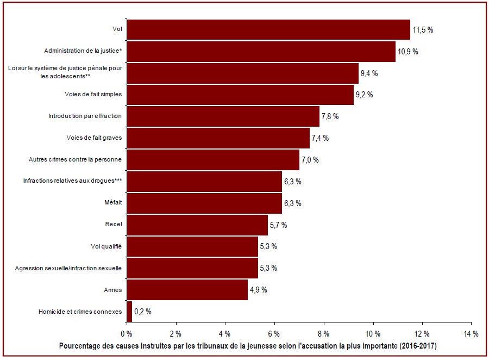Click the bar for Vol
268,30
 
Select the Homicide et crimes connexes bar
129,311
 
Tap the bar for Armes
187,290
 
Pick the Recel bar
197,225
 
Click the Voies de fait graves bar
218,138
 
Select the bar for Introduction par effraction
223,116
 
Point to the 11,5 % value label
423,30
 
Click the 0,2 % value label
143,312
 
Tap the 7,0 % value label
310,160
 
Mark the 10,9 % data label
408,52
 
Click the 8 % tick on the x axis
324,334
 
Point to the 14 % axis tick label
471,334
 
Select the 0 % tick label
127,334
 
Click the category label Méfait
113,202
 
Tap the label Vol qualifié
106,246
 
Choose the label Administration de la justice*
83,51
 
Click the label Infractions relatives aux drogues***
72,181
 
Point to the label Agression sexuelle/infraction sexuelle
68,268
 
